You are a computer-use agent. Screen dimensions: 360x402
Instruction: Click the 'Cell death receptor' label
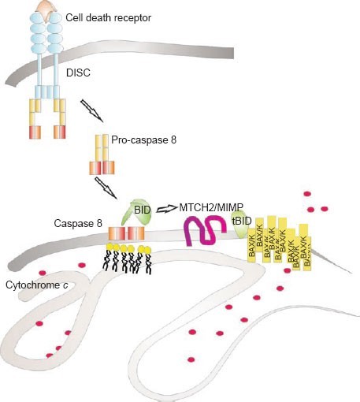(x=108, y=18)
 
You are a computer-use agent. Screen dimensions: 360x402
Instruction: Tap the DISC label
(x=78, y=73)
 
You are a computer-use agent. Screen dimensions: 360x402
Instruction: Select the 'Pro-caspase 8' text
(x=143, y=140)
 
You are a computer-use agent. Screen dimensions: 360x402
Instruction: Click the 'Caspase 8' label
(x=78, y=223)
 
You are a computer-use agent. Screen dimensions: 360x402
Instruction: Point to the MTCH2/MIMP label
(x=211, y=207)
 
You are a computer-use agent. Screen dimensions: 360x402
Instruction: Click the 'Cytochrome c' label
(x=37, y=285)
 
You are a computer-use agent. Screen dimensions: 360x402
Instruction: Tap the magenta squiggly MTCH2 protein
(x=206, y=231)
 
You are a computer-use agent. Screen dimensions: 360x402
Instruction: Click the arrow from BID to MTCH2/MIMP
(x=167, y=208)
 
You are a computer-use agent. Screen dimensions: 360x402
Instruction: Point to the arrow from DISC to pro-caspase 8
(x=91, y=110)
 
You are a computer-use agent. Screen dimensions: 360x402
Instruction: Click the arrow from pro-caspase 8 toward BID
(x=106, y=188)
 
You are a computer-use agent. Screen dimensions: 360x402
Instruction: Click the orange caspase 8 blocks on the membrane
(x=127, y=233)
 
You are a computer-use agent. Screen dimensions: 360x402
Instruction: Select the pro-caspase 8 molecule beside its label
(x=102, y=154)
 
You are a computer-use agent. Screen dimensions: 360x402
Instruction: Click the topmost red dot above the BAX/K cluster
(x=307, y=194)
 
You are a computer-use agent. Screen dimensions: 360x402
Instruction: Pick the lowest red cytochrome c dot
(x=191, y=359)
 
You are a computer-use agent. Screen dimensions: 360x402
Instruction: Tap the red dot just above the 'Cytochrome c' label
(x=43, y=273)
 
